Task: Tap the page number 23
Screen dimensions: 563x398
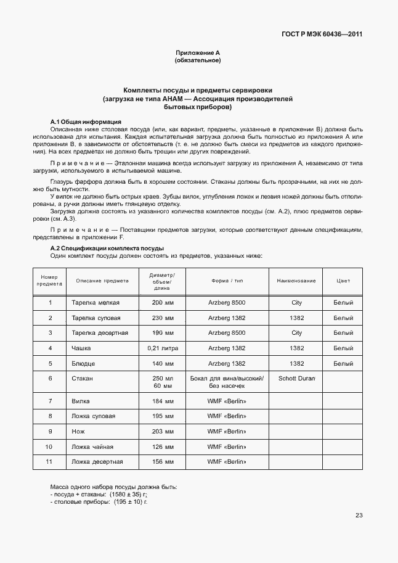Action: point(359,516)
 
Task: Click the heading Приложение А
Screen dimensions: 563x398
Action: point(198,54)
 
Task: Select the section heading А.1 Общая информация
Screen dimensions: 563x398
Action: point(86,121)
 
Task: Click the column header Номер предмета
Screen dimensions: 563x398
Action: point(50,281)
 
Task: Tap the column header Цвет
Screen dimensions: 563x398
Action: point(343,281)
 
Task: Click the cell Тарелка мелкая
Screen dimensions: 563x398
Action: point(95,303)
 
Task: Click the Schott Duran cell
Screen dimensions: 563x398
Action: point(296,377)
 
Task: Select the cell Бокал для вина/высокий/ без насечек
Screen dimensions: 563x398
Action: point(227,381)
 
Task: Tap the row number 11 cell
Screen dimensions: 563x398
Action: point(50,461)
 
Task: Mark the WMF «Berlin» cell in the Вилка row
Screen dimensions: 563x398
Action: point(227,401)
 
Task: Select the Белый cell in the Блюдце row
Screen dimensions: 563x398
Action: point(343,363)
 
